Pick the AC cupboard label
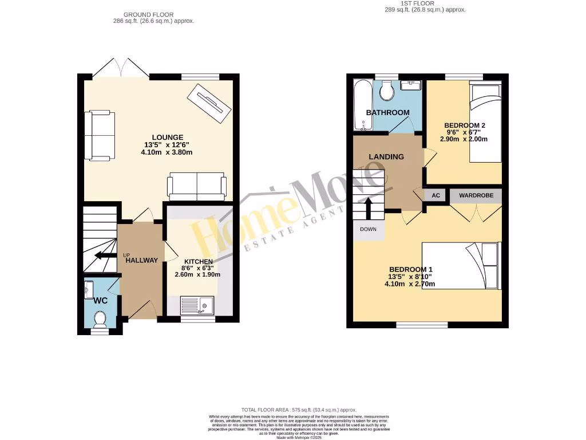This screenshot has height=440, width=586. point(435,195)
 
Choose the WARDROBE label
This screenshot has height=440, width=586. point(476,195)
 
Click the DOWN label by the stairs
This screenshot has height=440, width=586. point(367,229)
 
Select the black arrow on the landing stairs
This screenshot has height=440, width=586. point(367,207)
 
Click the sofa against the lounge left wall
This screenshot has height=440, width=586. point(100,135)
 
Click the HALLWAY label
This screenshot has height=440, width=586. point(142,260)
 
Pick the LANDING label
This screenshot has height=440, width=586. point(386,156)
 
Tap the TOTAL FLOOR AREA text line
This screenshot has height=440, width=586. point(299,410)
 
